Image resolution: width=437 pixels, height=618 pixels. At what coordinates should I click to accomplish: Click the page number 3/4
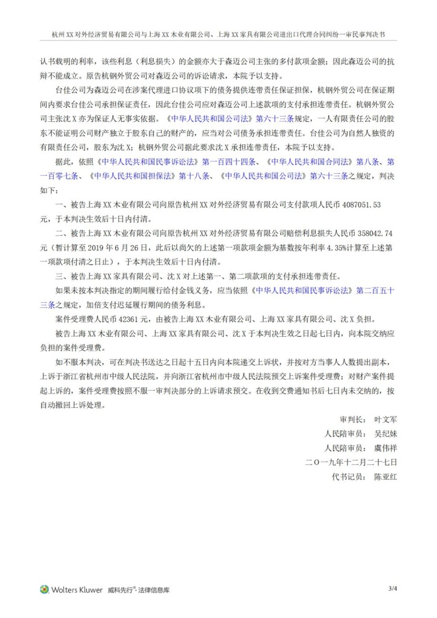(392, 588)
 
